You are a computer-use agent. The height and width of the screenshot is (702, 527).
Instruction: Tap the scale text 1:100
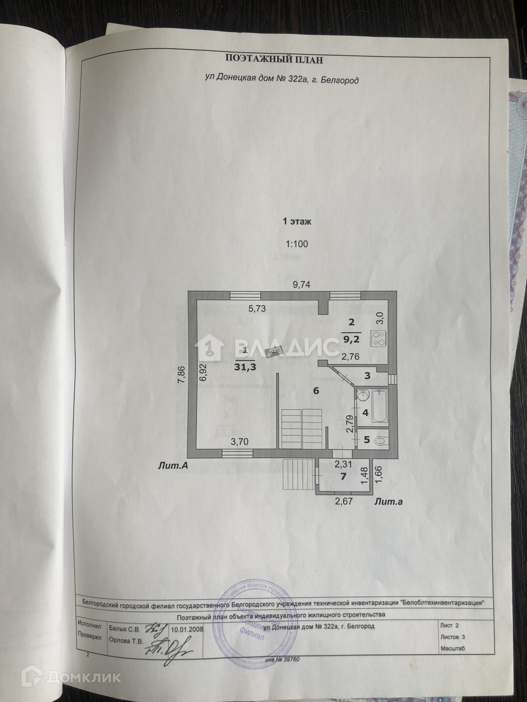296,244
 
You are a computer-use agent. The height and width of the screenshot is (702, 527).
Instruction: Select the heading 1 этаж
296,222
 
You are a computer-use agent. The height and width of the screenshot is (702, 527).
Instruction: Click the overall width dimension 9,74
302,285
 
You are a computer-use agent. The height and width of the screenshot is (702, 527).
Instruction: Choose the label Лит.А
173,466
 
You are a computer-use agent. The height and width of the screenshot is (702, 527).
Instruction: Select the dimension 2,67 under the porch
343,501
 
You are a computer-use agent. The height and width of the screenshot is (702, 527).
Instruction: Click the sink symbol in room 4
363,396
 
